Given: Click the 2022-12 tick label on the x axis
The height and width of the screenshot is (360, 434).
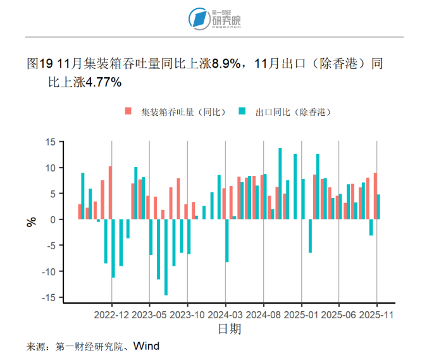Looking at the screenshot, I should pos(112,314).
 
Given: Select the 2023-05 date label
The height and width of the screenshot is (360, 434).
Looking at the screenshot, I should pos(149,314).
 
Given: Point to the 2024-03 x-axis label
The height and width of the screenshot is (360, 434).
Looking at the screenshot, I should pos(226,314).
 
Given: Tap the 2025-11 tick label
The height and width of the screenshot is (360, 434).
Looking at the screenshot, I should pos(377,314).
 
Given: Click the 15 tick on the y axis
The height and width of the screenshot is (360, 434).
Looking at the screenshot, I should pos(51,142).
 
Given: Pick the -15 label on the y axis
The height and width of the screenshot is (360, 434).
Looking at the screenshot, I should pos(49,297).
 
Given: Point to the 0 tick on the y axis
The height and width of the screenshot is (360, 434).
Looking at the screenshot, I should pos(53,220).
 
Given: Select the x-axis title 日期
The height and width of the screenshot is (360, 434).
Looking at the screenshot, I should pos(229,329).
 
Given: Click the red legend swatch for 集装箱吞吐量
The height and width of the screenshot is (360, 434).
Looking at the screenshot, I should pos(128,111).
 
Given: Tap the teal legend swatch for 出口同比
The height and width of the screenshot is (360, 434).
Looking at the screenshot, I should pos(242,111).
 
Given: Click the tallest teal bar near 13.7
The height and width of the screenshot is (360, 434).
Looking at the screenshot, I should pos(280,183).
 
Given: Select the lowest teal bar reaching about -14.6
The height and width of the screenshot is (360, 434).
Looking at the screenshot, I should pos(166,257).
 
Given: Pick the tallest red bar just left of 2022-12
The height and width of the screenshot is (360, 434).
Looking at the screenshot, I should pos(110,192).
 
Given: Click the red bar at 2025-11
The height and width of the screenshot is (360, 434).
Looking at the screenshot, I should pos(375,196).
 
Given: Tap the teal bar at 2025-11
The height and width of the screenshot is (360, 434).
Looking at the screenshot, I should pos(379,207).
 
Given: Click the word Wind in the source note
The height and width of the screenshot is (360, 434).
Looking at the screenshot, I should pos(146,346).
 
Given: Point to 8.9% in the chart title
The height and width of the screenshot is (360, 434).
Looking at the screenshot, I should pos(226,64).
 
